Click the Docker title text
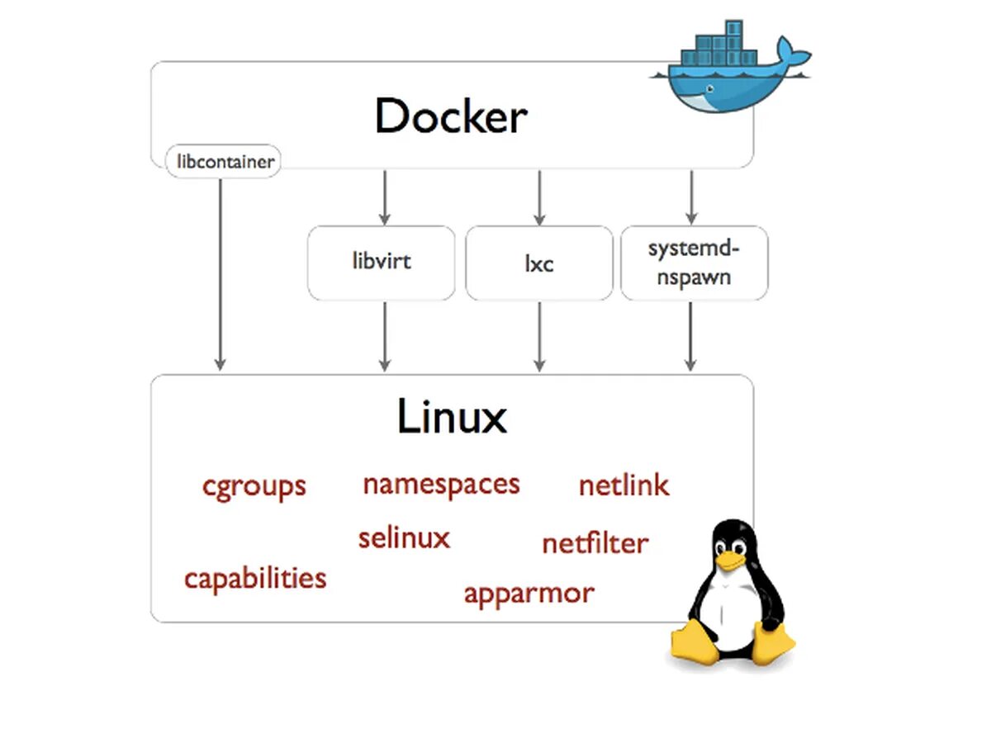point(451,116)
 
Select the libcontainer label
point(223,162)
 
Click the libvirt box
point(381,263)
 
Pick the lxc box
point(538,263)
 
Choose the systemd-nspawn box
point(694,263)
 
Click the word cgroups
point(254,486)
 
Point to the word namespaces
point(441,484)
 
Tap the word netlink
point(624,485)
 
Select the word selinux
point(404,538)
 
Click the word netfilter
point(595,543)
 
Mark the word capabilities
point(255,578)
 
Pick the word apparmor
point(529,593)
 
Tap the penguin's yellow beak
point(729,561)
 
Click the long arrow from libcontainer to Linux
point(220,272)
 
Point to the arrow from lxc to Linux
point(539,335)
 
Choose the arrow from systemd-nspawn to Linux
point(691,335)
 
